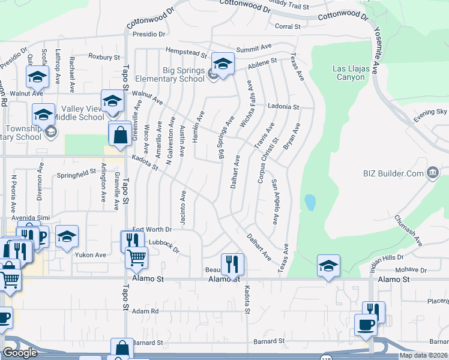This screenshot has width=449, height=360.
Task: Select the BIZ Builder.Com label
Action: [393, 174]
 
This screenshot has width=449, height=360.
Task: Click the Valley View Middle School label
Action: [79, 113]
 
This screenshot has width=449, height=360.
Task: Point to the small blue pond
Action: [310, 202]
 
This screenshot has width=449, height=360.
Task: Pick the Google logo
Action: [20, 353]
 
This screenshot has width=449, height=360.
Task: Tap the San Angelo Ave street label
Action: [275, 202]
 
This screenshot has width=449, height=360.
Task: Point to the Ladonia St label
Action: [283, 107]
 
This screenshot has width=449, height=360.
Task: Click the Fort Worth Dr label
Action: [152, 229]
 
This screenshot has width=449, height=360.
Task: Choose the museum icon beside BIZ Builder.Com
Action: [432, 174]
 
